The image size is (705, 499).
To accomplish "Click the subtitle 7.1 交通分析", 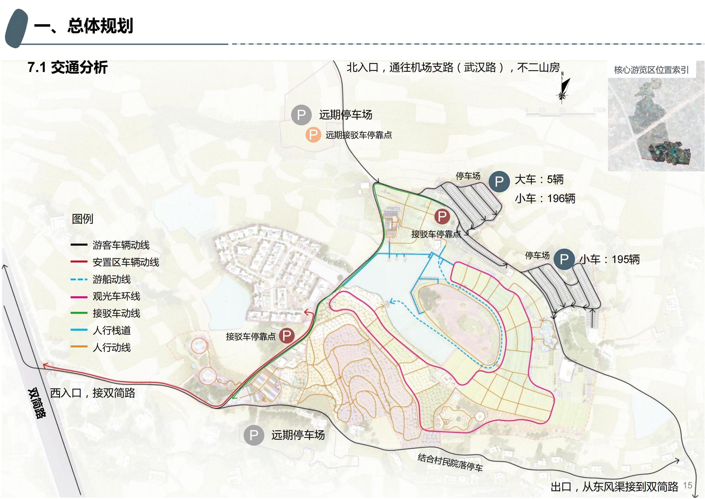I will click(67, 68).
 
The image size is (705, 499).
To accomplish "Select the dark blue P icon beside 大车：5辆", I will click(499, 181).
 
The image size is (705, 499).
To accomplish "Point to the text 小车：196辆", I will click(545, 198).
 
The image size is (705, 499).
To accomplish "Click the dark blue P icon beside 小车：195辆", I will click(564, 259).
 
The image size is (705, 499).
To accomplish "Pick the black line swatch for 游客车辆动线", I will click(79, 245).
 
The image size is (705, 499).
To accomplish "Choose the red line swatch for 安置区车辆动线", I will click(79, 262).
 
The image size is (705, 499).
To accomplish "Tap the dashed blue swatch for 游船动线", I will click(79, 279).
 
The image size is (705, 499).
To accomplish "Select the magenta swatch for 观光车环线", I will click(79, 296).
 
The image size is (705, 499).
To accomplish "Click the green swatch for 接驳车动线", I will click(79, 313).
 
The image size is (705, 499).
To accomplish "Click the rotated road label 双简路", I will click(37, 403).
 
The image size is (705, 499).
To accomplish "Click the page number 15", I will click(687, 485).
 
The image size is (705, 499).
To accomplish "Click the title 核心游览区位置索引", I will click(651, 70).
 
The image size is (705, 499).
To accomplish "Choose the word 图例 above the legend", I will click(82, 219).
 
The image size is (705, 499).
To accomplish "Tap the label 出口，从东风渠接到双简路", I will click(614, 487).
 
